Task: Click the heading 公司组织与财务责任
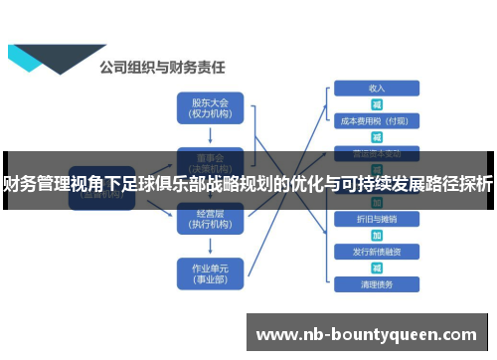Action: tap(161, 69)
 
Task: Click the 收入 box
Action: tap(377, 89)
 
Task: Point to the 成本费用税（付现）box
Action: tap(377, 121)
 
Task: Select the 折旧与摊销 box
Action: tap(377, 218)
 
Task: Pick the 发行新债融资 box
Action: tap(377, 251)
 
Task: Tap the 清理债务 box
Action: tap(377, 284)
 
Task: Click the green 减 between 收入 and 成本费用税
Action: tap(377, 104)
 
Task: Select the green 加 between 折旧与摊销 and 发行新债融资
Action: tap(377, 235)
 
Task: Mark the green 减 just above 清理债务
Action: tap(377, 268)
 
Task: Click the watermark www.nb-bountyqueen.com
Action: tap(367, 333)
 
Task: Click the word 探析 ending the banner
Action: tap(478, 184)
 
